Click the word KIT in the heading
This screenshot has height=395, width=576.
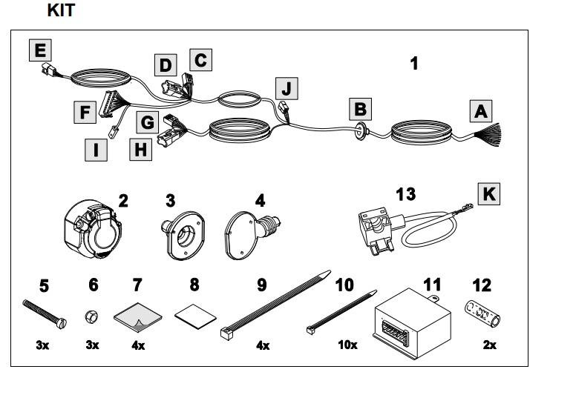pos(60,10)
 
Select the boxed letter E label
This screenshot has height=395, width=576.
pos(40,50)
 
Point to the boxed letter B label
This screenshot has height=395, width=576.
pos(360,110)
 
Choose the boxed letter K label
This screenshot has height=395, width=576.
pos(488,194)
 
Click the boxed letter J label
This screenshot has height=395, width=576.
pos(287,89)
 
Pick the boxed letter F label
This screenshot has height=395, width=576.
pos(85,113)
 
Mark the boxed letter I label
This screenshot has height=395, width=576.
pos(94,150)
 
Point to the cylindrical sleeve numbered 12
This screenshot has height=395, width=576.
pos(484,314)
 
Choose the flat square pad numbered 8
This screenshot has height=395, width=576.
pos(193,314)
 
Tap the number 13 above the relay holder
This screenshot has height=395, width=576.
pos(405,195)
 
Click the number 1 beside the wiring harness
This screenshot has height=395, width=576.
pos(414,64)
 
